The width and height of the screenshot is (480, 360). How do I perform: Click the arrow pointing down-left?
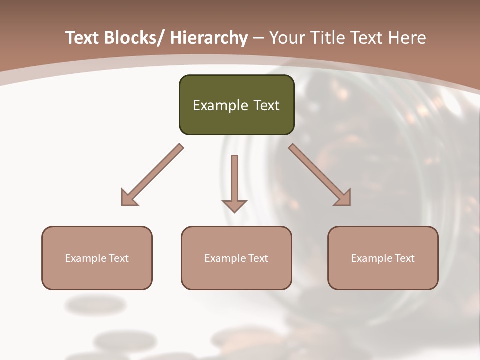(x=152, y=175)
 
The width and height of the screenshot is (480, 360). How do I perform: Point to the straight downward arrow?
(x=234, y=183)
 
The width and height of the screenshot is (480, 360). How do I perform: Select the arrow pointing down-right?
(x=320, y=175)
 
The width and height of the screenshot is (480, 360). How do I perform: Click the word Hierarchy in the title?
(x=208, y=38)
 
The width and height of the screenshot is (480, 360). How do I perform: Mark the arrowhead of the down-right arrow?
(x=344, y=199)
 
